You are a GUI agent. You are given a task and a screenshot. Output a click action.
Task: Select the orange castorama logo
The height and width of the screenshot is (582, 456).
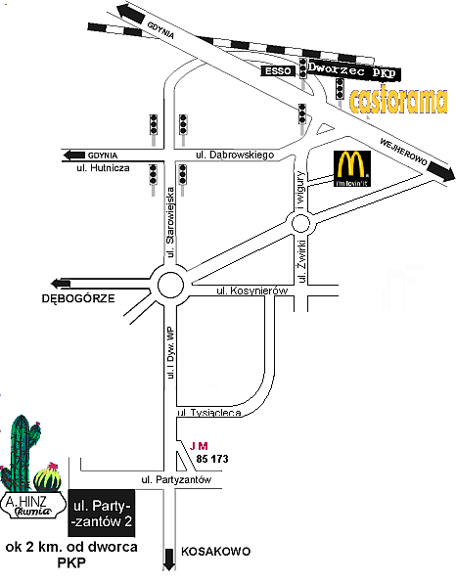398,100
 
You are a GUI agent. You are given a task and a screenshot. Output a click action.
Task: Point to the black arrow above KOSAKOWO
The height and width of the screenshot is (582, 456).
169,559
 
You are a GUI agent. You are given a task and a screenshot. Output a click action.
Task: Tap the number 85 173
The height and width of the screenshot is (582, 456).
211,458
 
